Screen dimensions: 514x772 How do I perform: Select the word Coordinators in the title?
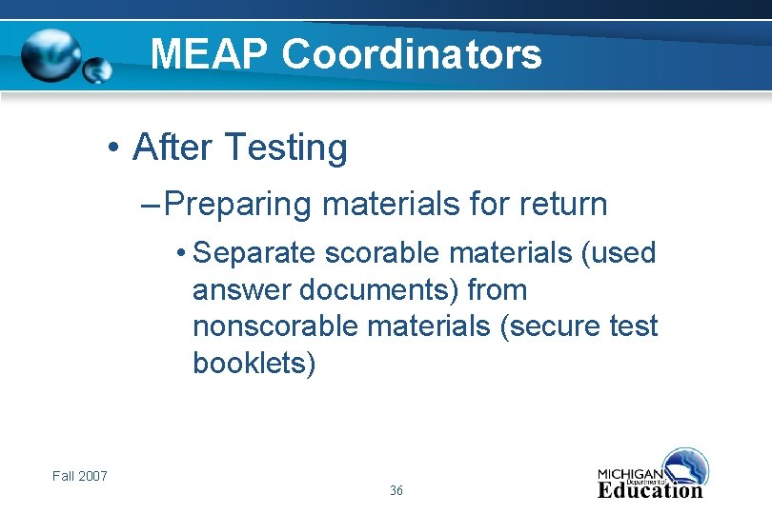coord(412,54)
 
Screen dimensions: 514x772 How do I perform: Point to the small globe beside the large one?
coord(97,69)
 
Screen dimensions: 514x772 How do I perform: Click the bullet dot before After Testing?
coord(112,148)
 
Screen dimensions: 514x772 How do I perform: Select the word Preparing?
coord(243,204)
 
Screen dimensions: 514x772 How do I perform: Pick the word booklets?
coord(254,364)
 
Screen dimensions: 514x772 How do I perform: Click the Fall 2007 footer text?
coord(80,476)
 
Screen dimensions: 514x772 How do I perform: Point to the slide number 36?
coord(396,491)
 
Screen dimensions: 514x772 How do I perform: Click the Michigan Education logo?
coord(653,475)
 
